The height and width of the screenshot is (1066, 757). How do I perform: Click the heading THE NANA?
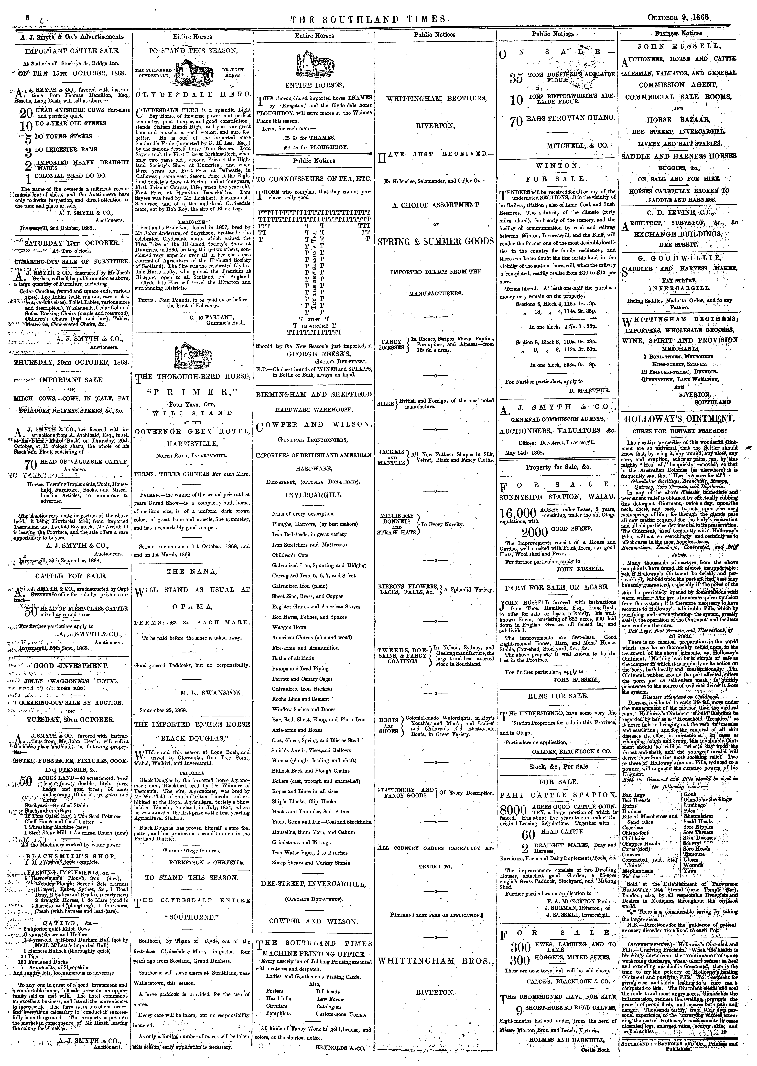pos(192,571)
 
